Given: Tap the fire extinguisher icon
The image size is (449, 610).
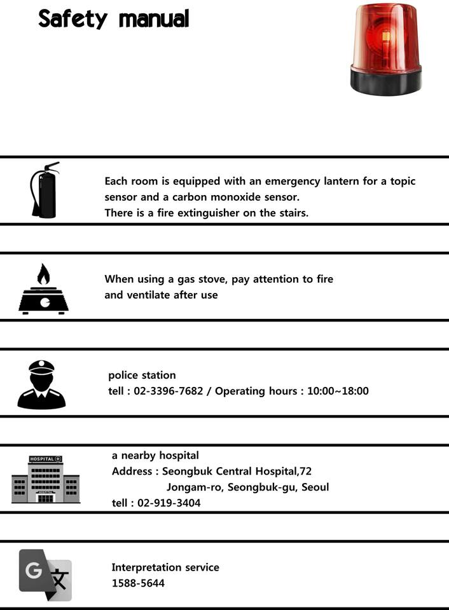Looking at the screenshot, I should tap(45, 191).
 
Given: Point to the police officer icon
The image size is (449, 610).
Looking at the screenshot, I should tap(41, 384).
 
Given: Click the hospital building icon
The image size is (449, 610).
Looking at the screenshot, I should tap(46, 479).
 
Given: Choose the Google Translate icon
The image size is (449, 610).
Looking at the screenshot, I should tap(45, 574).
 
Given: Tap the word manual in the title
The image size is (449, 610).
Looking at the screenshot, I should tap(154, 19).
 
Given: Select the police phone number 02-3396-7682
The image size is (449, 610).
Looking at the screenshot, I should tap(169, 391).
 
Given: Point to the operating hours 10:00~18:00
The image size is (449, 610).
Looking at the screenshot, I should tap(338, 391).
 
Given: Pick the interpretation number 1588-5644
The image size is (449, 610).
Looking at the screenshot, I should tap(138, 582).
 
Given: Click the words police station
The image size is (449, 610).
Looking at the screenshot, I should tap(142, 375).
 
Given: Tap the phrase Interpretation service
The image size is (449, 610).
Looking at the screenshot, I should tap(165, 567).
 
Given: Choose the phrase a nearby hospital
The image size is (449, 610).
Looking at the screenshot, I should tap(155, 455).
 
